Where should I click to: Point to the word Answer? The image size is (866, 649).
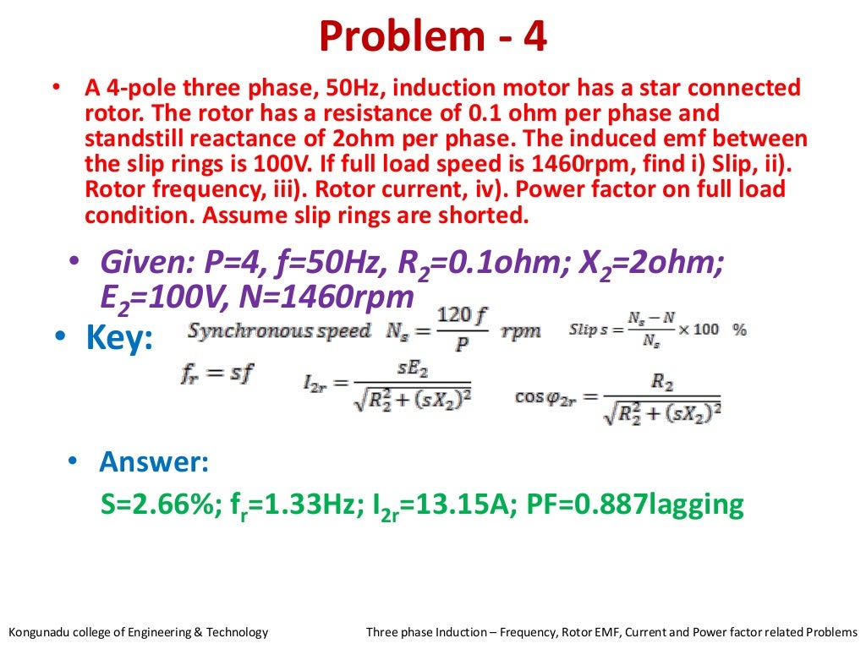(154, 462)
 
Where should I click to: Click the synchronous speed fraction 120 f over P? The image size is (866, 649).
(463, 330)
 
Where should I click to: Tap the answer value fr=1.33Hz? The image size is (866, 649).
(284, 504)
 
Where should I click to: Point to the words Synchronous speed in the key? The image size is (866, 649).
(279, 330)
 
